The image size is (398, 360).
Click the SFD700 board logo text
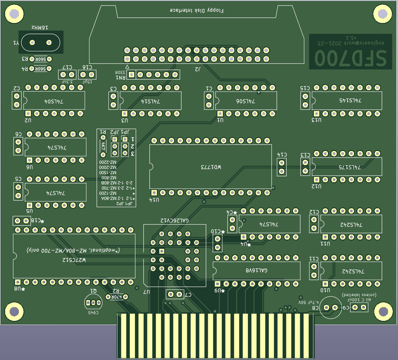350,57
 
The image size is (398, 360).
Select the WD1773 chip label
211,167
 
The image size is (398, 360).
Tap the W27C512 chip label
74,260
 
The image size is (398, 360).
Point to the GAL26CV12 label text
174,220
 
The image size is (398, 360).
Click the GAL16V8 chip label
257,270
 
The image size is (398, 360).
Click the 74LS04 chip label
54,102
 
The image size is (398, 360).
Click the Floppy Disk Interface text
197,10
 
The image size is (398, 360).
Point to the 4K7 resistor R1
103,146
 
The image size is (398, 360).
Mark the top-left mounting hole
14,14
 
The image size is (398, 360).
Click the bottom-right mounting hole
383,312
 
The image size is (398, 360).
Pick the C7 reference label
188,294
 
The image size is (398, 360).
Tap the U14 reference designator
155,200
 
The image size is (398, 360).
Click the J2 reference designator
198,69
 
